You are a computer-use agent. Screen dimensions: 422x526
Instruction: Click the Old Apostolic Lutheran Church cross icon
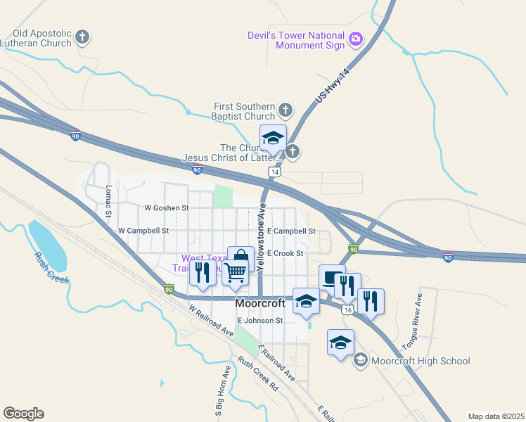(83, 37)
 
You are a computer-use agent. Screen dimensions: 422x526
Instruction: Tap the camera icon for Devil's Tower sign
(356, 39)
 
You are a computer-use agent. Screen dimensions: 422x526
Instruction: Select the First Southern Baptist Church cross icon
(285, 110)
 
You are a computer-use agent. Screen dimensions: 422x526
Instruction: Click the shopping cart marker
(236, 271)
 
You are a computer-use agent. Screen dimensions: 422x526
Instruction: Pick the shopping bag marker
(240, 258)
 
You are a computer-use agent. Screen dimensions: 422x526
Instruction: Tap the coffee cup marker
(331, 277)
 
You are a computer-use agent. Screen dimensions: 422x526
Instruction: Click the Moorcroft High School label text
(421, 361)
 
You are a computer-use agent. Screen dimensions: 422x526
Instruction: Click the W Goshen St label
(167, 208)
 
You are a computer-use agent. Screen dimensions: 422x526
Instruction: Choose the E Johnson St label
(259, 320)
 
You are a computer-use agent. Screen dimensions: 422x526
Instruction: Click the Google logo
(23, 414)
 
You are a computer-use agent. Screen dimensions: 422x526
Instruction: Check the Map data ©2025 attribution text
(496, 416)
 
